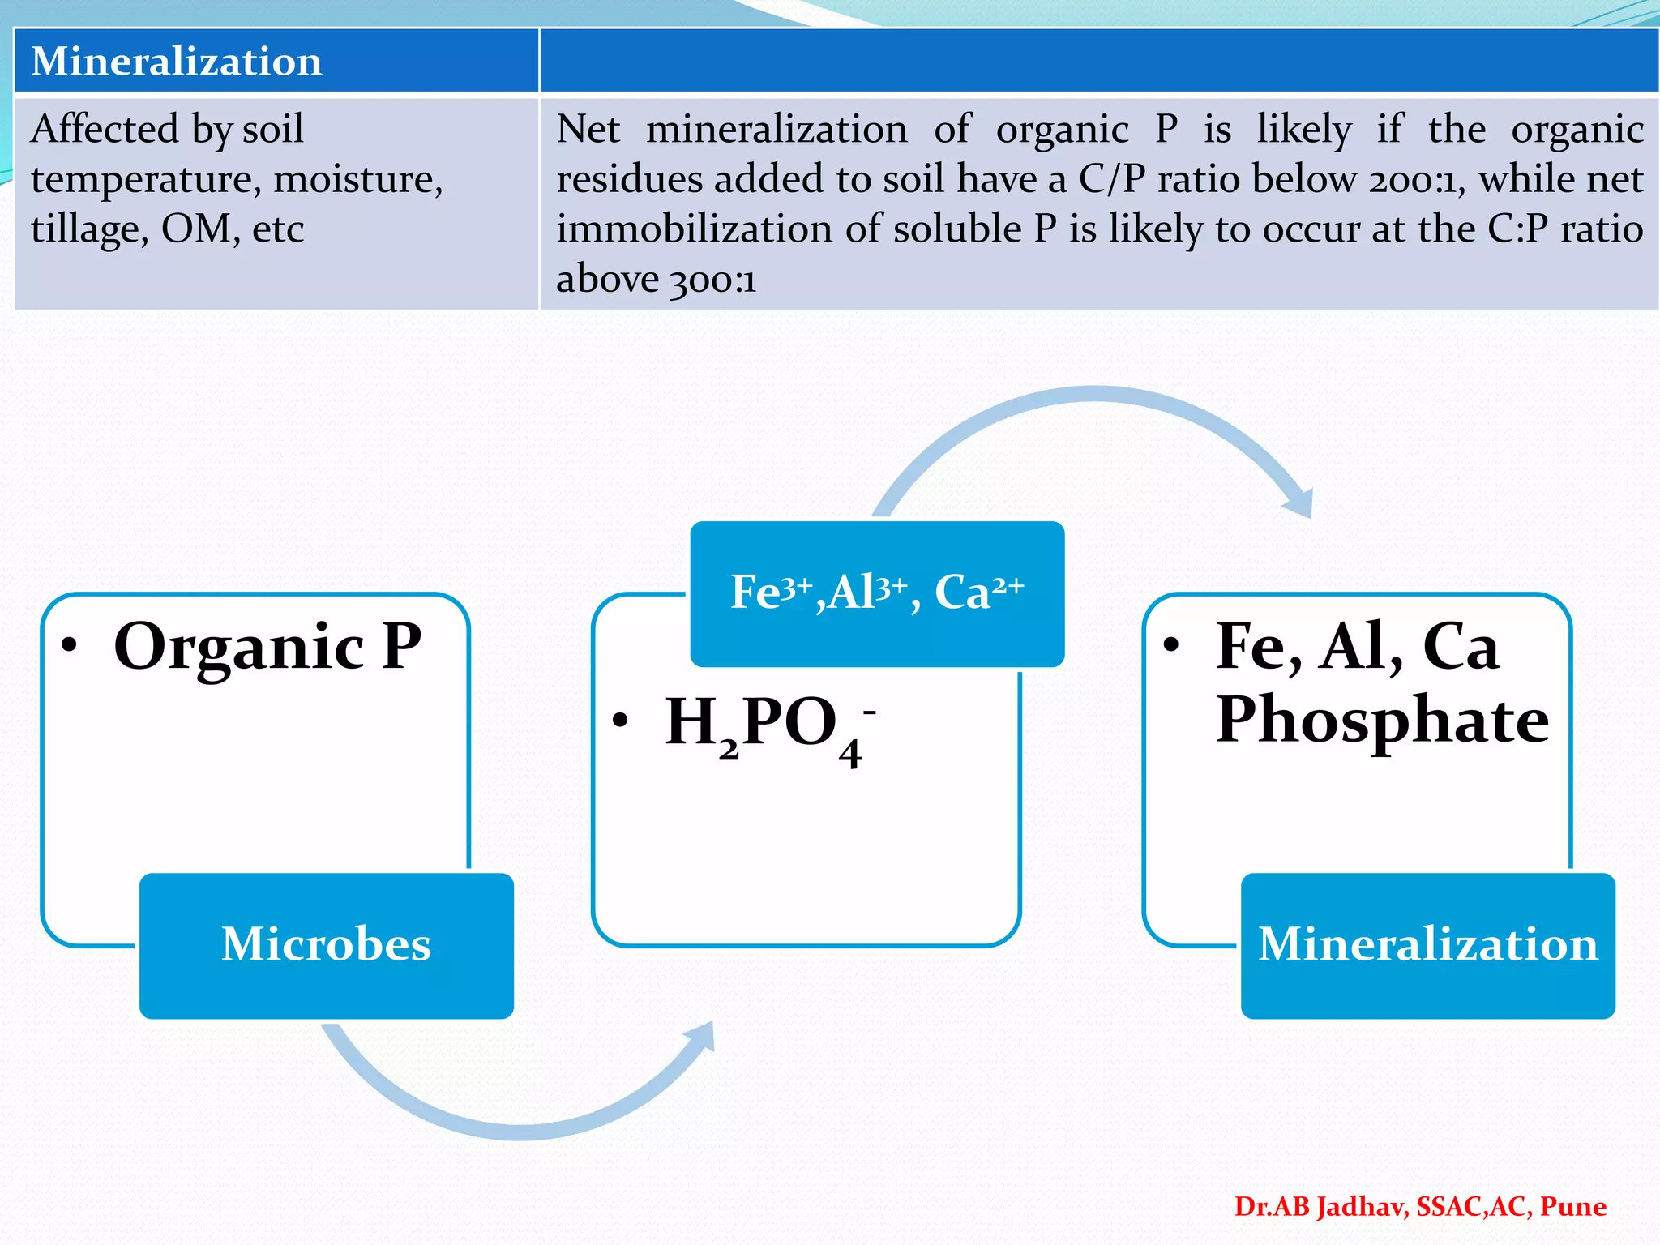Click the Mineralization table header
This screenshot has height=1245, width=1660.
pyautogui.click(x=176, y=62)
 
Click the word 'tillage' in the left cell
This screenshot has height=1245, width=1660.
pyautogui.click(x=89, y=229)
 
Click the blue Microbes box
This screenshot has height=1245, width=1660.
pyautogui.click(x=326, y=945)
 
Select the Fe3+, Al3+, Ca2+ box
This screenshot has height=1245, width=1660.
pyautogui.click(x=877, y=593)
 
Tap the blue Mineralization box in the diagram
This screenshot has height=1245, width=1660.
pyautogui.click(x=1427, y=945)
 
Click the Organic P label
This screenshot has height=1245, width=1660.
pyautogui.click(x=267, y=647)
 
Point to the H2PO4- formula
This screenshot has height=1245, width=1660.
pyautogui.click(x=766, y=724)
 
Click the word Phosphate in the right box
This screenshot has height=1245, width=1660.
pyautogui.click(x=1382, y=720)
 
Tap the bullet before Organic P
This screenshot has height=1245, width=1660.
pyautogui.click(x=70, y=645)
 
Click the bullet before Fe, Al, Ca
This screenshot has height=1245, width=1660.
pyautogui.click(x=1170, y=645)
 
